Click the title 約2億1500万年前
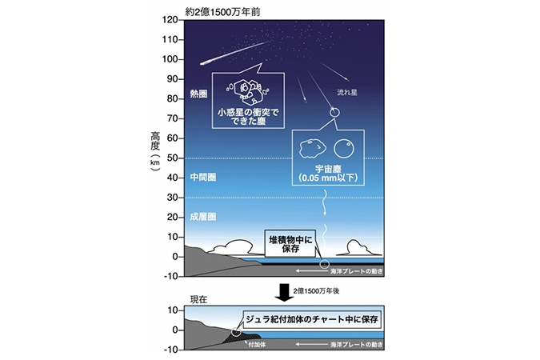[x=222, y=12]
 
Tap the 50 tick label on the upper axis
[x=172, y=158]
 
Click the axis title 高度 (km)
[x=155, y=151]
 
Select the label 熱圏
[x=198, y=94]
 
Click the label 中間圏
[x=203, y=178]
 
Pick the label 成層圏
[x=203, y=217]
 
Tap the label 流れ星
[x=347, y=92]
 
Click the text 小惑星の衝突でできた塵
[x=248, y=117]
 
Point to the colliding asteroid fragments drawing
[x=248, y=91]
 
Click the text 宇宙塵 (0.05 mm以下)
[x=328, y=174]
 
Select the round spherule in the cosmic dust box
[x=344, y=149]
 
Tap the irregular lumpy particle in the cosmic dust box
[x=312, y=149]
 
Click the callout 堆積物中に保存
[x=290, y=244]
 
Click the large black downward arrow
[x=284, y=293]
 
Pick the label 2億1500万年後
[x=317, y=291]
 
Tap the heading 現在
[x=198, y=300]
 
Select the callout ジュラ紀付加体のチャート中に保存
[x=312, y=319]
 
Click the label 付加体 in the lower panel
[x=257, y=345]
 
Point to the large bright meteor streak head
[x=205, y=63]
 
